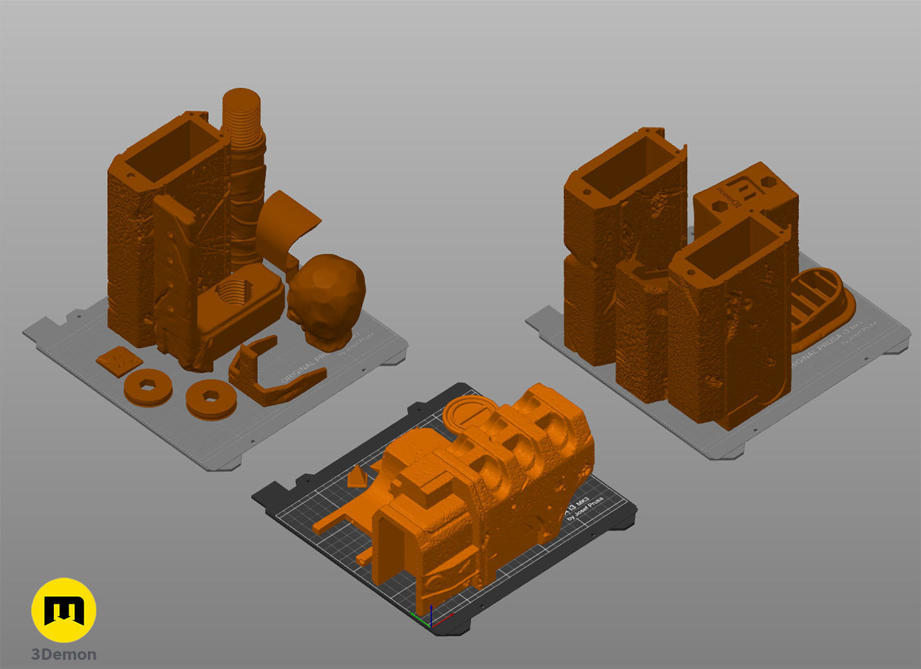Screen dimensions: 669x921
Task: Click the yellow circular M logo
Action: coord(64,610)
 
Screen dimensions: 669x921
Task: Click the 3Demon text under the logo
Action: coord(64,654)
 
